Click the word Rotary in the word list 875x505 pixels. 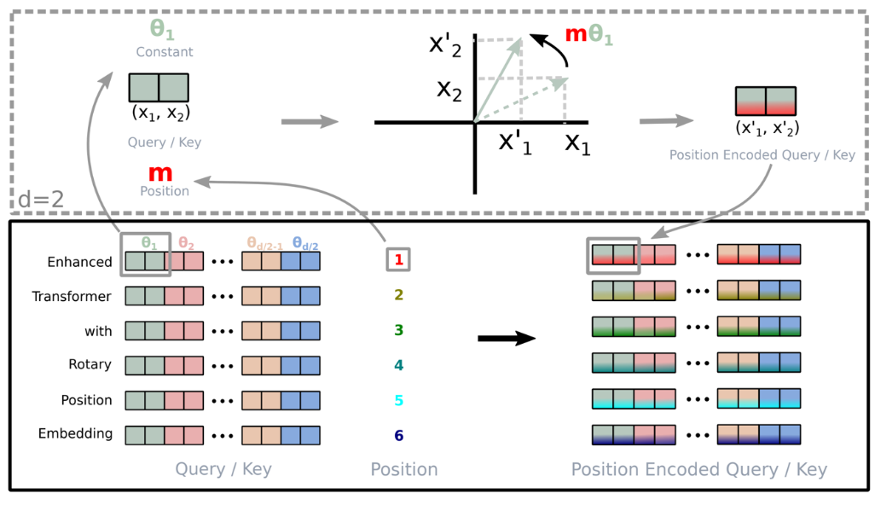click(90, 364)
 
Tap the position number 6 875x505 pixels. click(399, 436)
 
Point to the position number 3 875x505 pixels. click(399, 329)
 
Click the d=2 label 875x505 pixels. click(42, 201)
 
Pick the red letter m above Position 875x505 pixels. click(160, 173)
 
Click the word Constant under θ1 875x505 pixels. click(165, 52)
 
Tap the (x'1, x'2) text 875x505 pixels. click(767, 128)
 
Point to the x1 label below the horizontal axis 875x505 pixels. click(577, 146)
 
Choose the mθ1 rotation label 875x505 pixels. click(589, 37)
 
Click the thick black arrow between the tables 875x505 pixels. click(506, 339)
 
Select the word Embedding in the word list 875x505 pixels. click(75, 433)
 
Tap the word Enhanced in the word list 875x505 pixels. click(79, 262)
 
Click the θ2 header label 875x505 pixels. click(187, 242)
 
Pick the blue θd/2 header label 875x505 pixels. click(304, 242)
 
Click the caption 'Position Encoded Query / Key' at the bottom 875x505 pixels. click(698, 469)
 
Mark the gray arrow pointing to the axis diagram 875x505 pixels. click(310, 122)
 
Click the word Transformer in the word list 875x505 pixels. click(72, 296)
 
